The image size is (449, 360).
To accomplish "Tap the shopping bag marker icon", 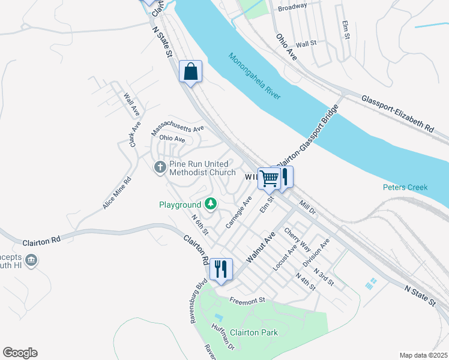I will (191, 71).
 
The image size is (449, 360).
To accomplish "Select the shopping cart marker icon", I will (269, 178).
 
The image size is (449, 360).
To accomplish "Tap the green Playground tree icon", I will (210, 204).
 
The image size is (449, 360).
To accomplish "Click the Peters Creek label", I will (405, 187).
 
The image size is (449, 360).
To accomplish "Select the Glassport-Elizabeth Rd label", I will (397, 113).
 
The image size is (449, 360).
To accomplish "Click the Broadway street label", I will (292, 6).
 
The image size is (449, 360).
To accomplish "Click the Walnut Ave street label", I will (260, 248).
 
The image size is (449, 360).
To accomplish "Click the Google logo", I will (20, 353).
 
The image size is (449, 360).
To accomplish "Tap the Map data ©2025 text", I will (423, 355).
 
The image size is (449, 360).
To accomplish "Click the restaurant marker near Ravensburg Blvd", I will (221, 269).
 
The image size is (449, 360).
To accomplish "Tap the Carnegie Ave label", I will (238, 211).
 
